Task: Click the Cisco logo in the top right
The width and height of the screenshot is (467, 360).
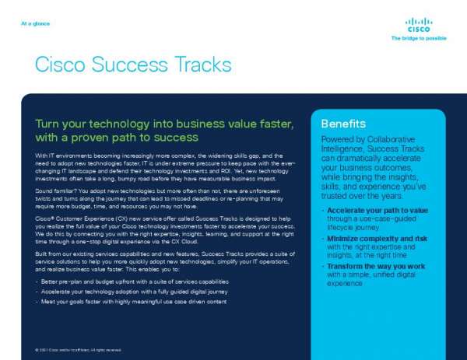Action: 419,26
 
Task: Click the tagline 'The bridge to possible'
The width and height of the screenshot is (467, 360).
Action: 419,37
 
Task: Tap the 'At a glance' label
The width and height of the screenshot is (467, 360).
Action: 36,23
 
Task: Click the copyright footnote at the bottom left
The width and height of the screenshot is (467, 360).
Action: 78,350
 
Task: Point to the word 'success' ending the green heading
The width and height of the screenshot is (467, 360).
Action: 177,138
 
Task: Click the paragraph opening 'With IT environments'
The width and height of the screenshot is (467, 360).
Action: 62,156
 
